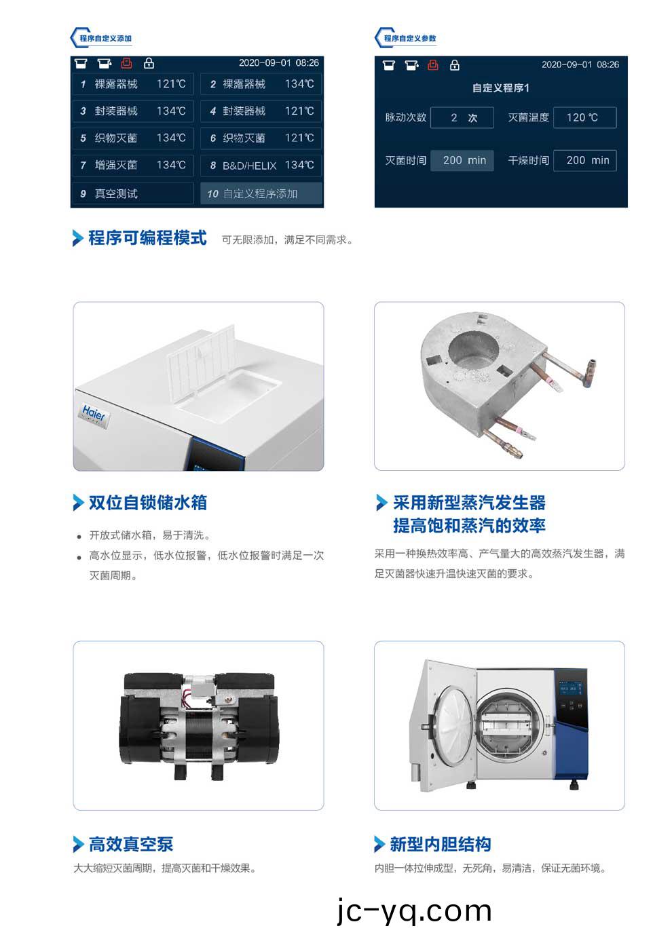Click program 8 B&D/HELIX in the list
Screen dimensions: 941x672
[x=261, y=166]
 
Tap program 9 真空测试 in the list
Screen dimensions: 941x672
[x=132, y=193]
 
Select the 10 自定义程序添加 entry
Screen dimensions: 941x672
[x=261, y=193]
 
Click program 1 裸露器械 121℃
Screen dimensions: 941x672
[x=132, y=84]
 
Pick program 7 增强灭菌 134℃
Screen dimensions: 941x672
[x=132, y=166]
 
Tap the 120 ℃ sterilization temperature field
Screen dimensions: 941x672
[x=584, y=117]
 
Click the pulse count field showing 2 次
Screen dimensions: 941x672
[x=462, y=117]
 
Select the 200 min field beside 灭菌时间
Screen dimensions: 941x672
[x=462, y=160]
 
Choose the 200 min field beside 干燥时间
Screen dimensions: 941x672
[x=584, y=160]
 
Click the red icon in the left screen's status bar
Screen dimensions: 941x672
[x=126, y=63]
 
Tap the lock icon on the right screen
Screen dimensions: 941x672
[x=455, y=65]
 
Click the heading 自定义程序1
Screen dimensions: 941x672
[x=500, y=88]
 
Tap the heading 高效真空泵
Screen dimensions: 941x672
[x=130, y=844]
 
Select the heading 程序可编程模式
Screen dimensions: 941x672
[x=147, y=238]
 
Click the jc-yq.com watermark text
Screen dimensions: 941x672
[x=414, y=910]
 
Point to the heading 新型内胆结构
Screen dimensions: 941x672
[x=440, y=844]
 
